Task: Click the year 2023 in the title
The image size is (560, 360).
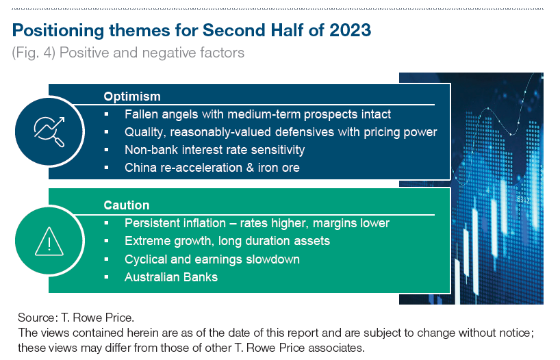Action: (351, 30)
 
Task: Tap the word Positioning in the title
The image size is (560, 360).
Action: (58, 31)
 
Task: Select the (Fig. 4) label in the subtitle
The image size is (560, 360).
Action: (34, 53)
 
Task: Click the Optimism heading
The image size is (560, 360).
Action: (132, 97)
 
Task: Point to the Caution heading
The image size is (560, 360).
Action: (127, 205)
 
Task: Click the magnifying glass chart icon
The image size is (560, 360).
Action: (49, 131)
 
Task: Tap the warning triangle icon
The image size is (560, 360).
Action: (49, 242)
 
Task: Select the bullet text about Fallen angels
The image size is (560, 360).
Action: (257, 114)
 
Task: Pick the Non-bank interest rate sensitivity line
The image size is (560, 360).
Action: (215, 150)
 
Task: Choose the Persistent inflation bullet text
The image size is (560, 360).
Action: (257, 223)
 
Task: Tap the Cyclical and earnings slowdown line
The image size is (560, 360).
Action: (212, 259)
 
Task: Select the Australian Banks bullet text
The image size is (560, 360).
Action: (171, 277)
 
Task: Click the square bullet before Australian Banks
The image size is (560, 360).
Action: (106, 277)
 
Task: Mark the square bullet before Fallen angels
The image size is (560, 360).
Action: (106, 114)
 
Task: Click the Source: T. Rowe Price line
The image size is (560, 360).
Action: (76, 318)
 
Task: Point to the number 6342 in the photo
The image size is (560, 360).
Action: (523, 200)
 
